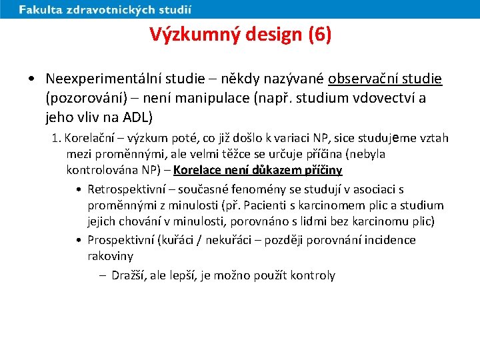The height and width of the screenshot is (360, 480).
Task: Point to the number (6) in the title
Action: [x=319, y=34]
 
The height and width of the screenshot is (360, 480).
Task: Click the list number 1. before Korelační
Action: [x=57, y=138]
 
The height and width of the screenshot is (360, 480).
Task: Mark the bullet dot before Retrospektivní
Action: [x=79, y=189]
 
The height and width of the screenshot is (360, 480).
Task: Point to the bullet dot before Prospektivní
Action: [x=79, y=240]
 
